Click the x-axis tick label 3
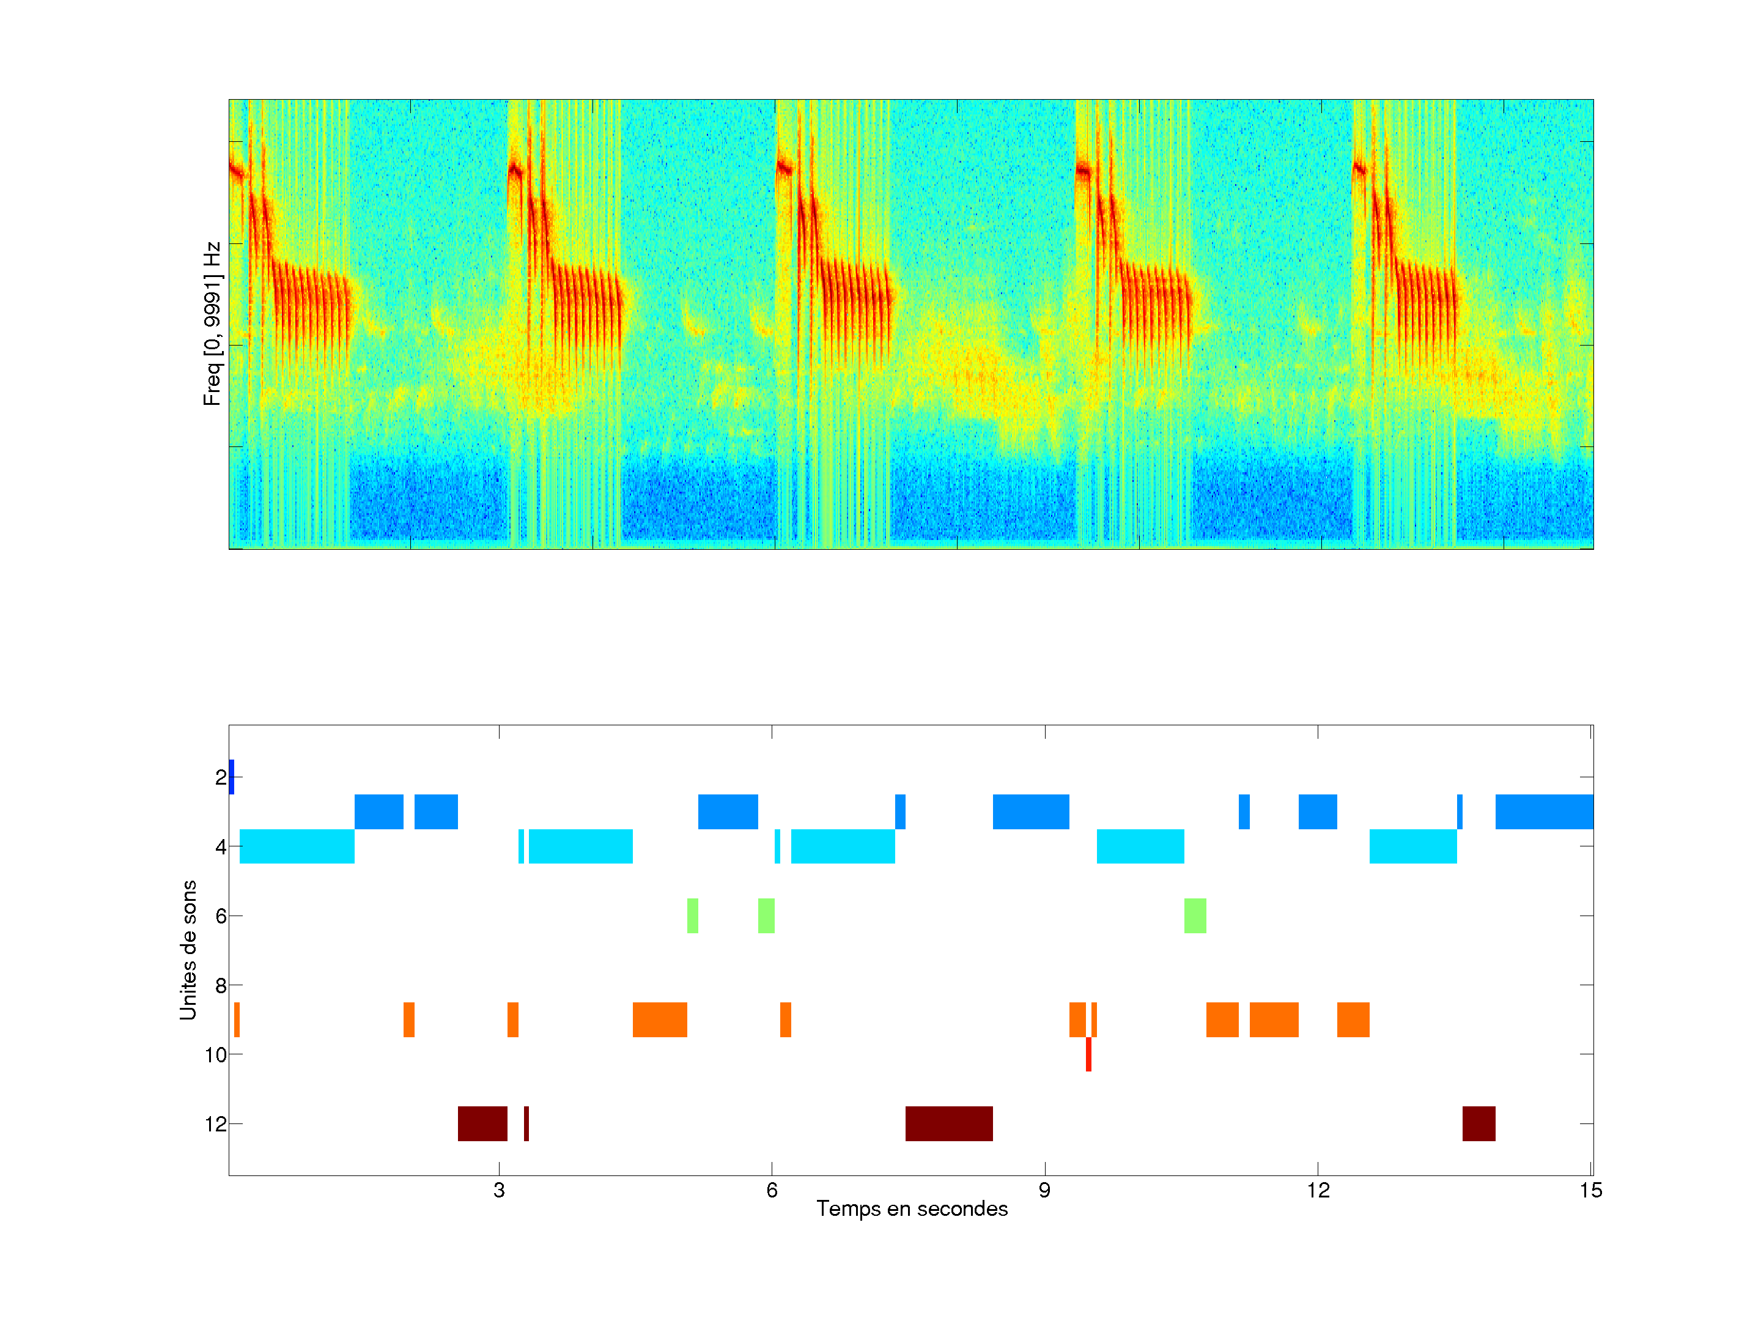498,1190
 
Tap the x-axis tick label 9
1044,1190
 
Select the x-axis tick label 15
1590,1190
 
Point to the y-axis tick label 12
216,1124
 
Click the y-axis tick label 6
221,916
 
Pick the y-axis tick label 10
216,1055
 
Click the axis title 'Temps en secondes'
912,1208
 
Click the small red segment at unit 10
1088,1054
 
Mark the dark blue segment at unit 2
232,776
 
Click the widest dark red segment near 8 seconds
948,1123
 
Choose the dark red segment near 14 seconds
1479,1123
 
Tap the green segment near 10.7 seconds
1194,916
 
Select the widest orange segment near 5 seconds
659,1019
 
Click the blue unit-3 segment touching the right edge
1544,812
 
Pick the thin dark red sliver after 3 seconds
526,1123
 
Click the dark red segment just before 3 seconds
482,1123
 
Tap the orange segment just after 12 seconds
1353,1019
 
